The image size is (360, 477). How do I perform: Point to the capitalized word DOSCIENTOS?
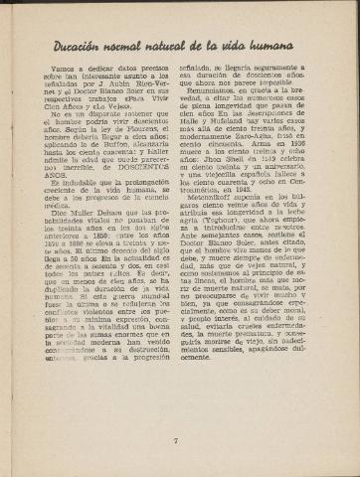pos(147,222)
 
